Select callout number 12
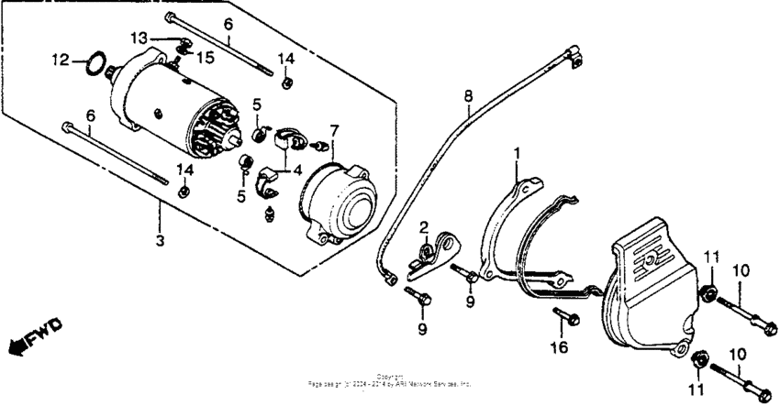[60, 60]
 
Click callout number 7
[335, 129]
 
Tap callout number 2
[425, 226]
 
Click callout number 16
[559, 347]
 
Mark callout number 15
[206, 57]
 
